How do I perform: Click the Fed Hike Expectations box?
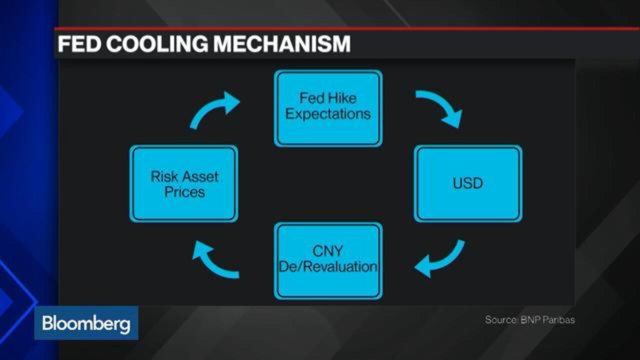pyautogui.click(x=328, y=108)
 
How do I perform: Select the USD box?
pyautogui.click(x=468, y=183)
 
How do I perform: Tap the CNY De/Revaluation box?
pyautogui.click(x=328, y=261)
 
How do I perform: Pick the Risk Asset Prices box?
pyautogui.click(x=183, y=183)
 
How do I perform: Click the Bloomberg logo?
pyautogui.click(x=86, y=323)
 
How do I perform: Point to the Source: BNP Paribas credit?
pyautogui.click(x=529, y=319)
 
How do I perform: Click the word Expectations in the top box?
pyautogui.click(x=328, y=114)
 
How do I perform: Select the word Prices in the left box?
pyautogui.click(x=184, y=191)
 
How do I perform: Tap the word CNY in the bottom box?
pyautogui.click(x=327, y=251)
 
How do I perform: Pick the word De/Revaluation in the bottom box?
pyautogui.click(x=328, y=266)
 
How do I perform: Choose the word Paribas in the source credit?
pyautogui.click(x=558, y=319)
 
